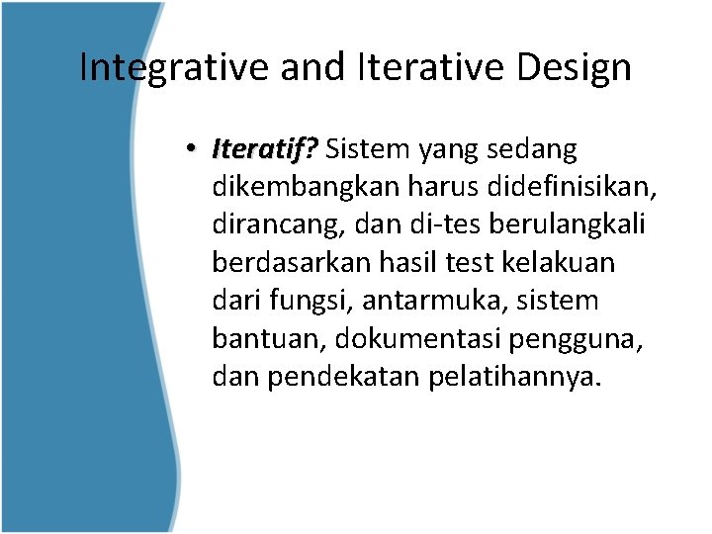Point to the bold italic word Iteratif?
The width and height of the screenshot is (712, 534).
pyautogui.click(x=264, y=149)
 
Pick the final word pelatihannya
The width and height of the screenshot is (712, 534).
pyautogui.click(x=515, y=377)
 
